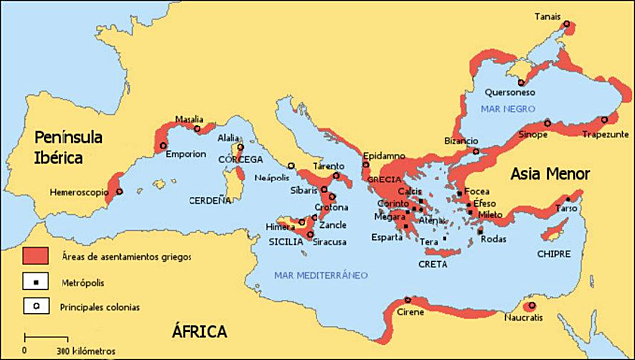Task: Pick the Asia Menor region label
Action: pyautogui.click(x=551, y=174)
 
